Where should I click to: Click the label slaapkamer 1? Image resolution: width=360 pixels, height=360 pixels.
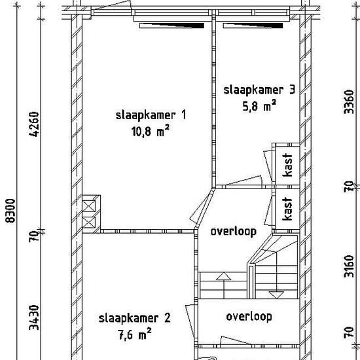151,115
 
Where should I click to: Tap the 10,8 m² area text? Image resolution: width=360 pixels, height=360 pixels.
151,132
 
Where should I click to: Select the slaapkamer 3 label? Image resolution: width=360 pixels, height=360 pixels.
259,90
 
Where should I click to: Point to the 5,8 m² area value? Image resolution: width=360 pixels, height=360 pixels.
259,106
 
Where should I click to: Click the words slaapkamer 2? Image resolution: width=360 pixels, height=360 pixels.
135,319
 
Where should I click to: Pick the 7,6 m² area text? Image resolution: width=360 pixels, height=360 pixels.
135,334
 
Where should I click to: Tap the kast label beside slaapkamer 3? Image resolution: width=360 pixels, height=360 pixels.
288,165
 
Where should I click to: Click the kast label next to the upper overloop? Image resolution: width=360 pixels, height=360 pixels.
288,209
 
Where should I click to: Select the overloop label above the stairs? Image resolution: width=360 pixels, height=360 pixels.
234,232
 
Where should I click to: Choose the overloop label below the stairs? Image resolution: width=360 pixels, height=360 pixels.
249,317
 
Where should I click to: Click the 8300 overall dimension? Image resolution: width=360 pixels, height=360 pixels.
10,211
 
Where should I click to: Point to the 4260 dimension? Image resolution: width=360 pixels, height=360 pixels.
34,124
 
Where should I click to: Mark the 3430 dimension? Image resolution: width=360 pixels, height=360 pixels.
34,317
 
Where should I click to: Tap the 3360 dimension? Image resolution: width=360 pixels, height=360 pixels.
350,101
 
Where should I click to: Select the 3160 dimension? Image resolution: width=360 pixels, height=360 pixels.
350,266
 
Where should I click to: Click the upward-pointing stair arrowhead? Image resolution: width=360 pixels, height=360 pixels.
224,276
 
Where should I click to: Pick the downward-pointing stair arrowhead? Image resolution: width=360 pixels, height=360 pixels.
276,295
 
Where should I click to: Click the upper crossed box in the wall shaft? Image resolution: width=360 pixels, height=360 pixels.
88,206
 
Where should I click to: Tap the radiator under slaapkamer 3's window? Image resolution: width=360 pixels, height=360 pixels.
253,26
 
